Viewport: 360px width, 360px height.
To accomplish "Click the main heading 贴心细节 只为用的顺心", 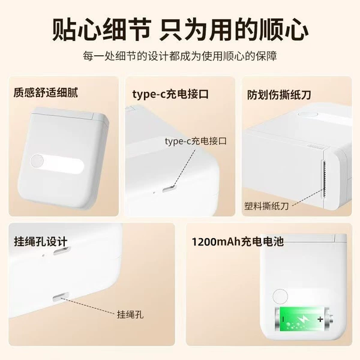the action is [x=180, y=30].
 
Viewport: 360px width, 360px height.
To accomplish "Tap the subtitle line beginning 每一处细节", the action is [x=180, y=56].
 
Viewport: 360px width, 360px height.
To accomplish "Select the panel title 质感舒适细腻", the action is [x=46, y=92].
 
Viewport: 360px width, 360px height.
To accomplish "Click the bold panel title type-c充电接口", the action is [x=170, y=94].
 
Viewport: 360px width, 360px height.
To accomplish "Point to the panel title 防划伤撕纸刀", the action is [x=279, y=95].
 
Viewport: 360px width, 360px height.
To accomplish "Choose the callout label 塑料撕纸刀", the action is [x=266, y=206].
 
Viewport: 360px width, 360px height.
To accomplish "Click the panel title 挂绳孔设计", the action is [x=41, y=242].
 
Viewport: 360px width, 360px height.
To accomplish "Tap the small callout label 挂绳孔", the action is [x=130, y=314].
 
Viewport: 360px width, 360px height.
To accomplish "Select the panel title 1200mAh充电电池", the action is [x=238, y=242].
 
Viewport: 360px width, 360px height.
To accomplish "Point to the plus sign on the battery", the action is [x=320, y=319].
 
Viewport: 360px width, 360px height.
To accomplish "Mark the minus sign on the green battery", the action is [x=283, y=319].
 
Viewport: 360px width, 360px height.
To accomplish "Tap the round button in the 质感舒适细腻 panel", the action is [x=37, y=161].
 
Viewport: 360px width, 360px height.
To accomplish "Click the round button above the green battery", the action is [x=280, y=296].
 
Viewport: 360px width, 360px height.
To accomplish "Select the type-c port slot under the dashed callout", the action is [x=169, y=190].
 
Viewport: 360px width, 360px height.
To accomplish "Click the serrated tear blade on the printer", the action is [x=324, y=179].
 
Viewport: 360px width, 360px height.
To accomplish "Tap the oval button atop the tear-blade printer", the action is [x=307, y=115].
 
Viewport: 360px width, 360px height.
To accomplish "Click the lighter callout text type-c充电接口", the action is [x=196, y=141].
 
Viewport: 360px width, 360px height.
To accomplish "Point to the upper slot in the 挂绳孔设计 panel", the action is [x=61, y=251].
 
